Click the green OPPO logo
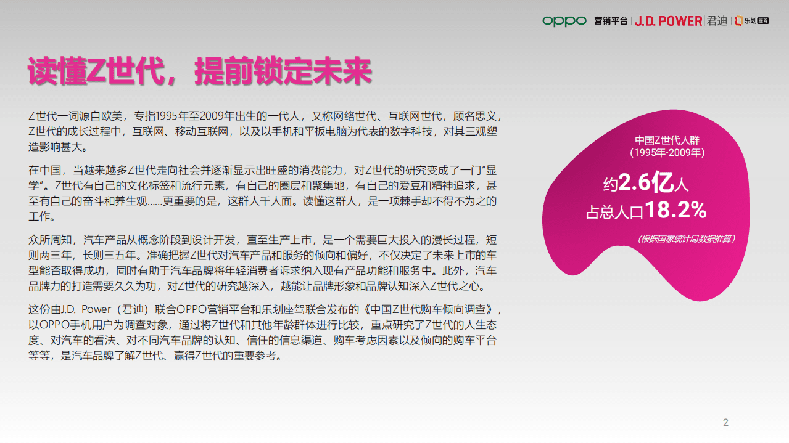point(564,21)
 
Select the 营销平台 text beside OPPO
point(611,21)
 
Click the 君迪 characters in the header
point(717,21)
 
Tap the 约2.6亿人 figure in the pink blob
point(645,183)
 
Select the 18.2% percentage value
point(676,211)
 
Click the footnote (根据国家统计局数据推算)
point(686,239)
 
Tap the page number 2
point(725,423)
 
